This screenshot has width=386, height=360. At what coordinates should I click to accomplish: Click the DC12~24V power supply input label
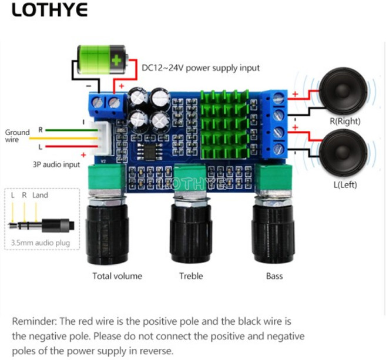pos(200,68)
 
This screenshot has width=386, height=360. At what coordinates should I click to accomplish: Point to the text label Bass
pos(274,276)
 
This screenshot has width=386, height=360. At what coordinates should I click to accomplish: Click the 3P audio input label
pos(56,165)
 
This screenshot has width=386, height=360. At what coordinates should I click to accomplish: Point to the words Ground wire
pos(15,136)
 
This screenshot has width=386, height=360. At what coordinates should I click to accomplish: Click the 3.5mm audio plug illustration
pos(41,224)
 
